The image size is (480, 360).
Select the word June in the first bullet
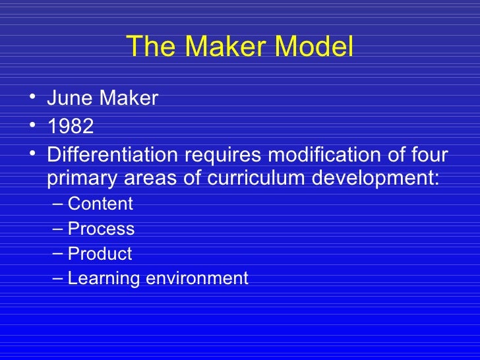tap(69, 99)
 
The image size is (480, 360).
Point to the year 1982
tap(71, 127)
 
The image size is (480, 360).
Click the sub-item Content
tap(100, 204)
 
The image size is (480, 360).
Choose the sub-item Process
tap(101, 229)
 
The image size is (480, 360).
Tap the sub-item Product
tap(100, 254)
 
